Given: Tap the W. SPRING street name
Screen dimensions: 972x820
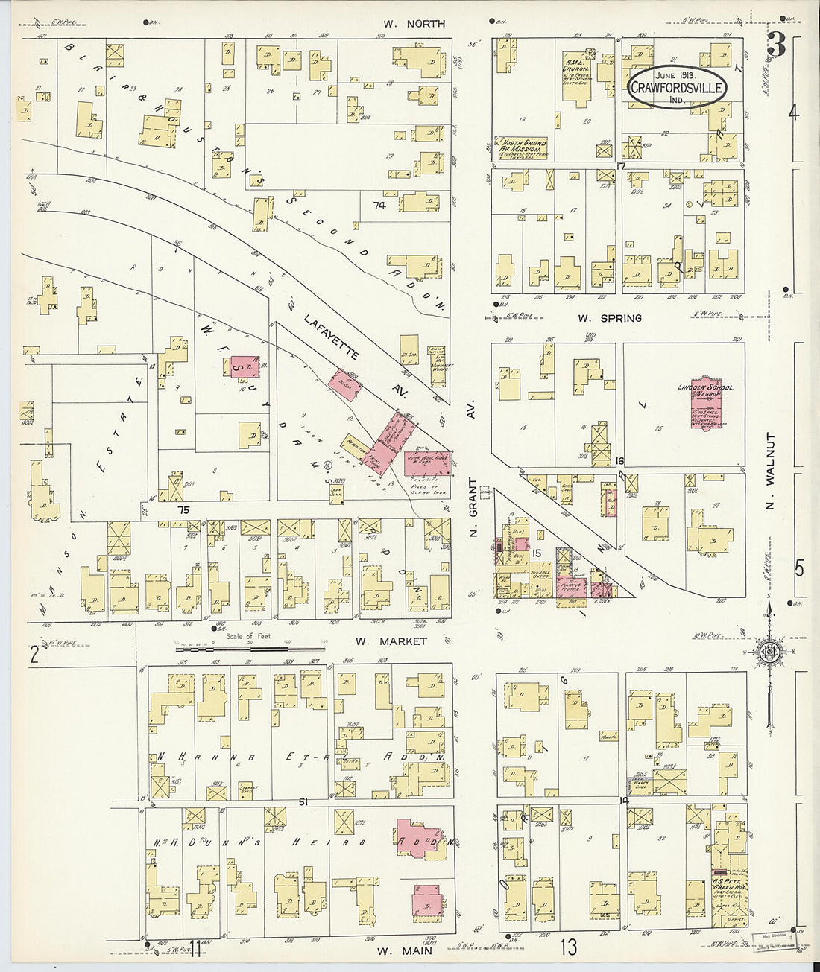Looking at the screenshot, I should coord(609,318).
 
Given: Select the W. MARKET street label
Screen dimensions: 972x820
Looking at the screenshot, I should coord(391,641).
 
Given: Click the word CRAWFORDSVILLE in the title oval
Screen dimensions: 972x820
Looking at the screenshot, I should coord(677,89).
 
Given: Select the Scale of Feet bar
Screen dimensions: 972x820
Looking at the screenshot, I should coord(240,649).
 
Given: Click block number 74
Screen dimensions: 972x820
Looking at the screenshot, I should coord(380,206).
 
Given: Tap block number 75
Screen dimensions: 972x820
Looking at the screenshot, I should coord(184,510).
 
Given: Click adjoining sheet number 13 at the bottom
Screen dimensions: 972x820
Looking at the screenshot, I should coord(569,947).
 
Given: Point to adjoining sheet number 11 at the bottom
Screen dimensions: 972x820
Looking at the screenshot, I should coord(195,947).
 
